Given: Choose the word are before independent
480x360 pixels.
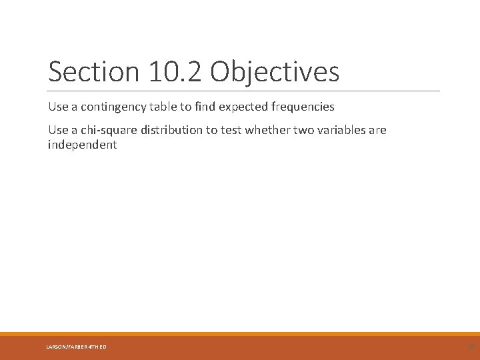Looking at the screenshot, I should pyautogui.click(x=377, y=130).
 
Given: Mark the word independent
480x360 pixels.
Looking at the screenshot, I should pyautogui.click(x=82, y=145).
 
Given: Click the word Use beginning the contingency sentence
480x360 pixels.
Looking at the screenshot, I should pyautogui.click(x=58, y=107).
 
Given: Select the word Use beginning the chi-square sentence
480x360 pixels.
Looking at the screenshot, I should pyautogui.click(x=58, y=130).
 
